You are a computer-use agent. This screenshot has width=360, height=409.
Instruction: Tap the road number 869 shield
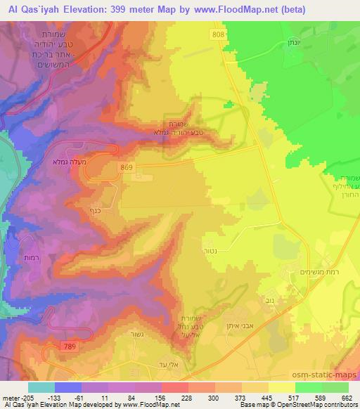[x=127, y=167]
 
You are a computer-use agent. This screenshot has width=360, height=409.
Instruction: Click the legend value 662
[x=348, y=398]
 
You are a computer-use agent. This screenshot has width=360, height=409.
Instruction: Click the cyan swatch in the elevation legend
[x=41, y=387]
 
